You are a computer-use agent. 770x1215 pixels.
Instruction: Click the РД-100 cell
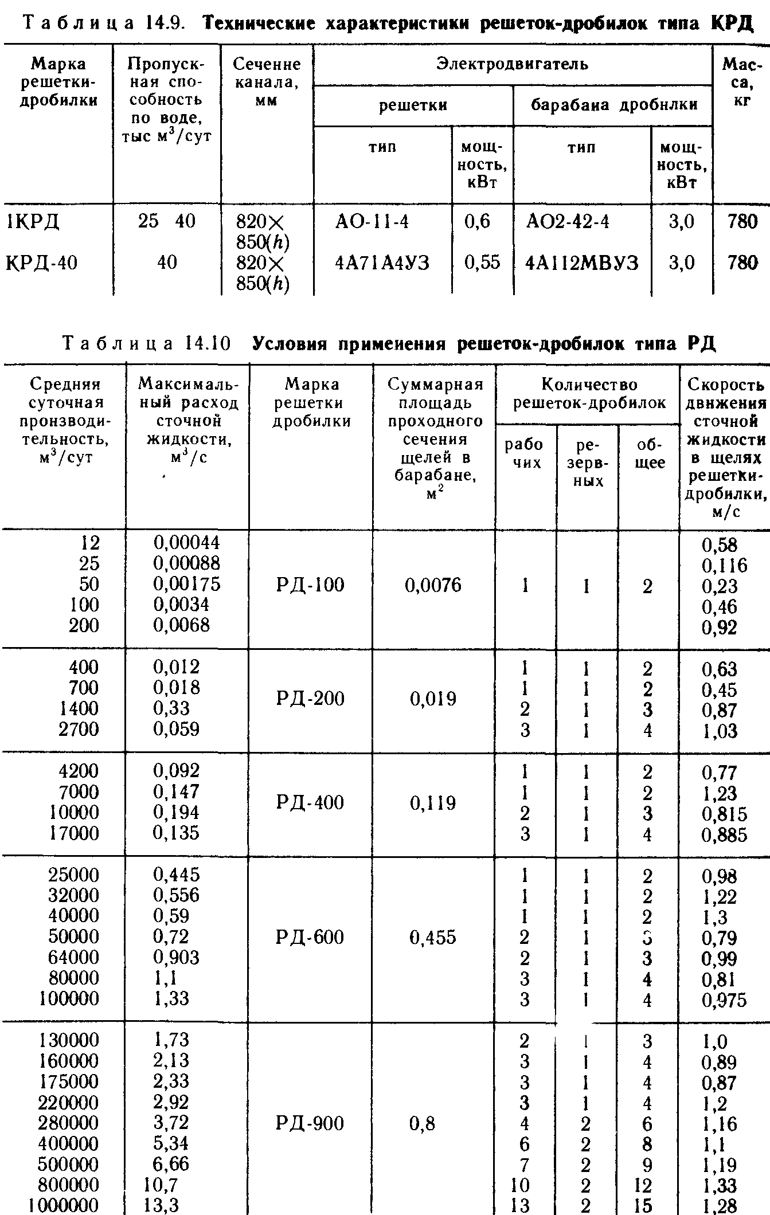[310, 585]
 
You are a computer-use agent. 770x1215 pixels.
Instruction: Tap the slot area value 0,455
[433, 938]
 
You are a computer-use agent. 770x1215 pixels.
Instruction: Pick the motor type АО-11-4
[372, 222]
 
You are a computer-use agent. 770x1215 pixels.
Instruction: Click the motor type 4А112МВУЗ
[582, 263]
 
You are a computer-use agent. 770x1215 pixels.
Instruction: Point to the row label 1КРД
[33, 222]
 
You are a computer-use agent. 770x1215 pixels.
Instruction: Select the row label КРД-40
[41, 263]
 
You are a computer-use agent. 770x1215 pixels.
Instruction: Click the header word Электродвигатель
[512, 64]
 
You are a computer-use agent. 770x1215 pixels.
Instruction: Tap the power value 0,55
[482, 263]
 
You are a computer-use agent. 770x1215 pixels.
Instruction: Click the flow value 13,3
[162, 1206]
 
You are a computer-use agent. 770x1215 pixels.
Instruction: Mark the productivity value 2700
[79, 730]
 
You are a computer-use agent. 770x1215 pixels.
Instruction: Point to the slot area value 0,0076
[433, 585]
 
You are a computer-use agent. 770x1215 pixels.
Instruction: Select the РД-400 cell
[310, 802]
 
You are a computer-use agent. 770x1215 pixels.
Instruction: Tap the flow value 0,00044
[186, 543]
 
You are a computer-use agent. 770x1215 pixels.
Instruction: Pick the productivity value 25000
[73, 875]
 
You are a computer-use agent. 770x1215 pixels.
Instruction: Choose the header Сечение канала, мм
[267, 82]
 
